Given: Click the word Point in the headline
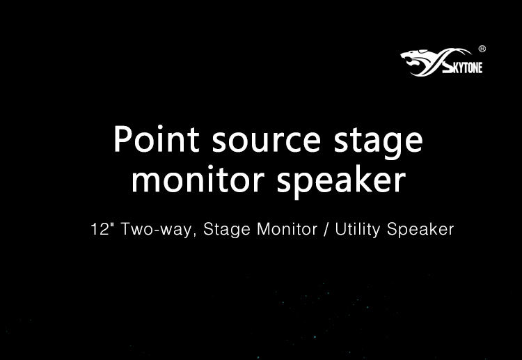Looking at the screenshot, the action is pos(157,139).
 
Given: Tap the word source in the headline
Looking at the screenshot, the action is pos(267,141).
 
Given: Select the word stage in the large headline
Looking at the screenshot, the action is pos(378,143).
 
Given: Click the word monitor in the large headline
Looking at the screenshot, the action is pos(198,179).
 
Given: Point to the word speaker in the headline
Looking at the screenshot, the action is pos(341,181).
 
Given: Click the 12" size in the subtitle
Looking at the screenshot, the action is pos(100,229).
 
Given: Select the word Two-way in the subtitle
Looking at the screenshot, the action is pos(156,230).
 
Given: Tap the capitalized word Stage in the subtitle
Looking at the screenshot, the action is pos(227,230).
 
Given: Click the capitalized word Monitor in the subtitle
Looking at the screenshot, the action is pos(287,229).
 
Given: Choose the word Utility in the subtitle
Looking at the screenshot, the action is pos(357,230).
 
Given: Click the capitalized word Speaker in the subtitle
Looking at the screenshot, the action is pos(420,230).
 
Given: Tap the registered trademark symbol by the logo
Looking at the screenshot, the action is pos(482,49).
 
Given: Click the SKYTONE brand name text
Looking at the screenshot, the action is pos(462,67).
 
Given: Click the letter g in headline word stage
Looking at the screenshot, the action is pos(386,146).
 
